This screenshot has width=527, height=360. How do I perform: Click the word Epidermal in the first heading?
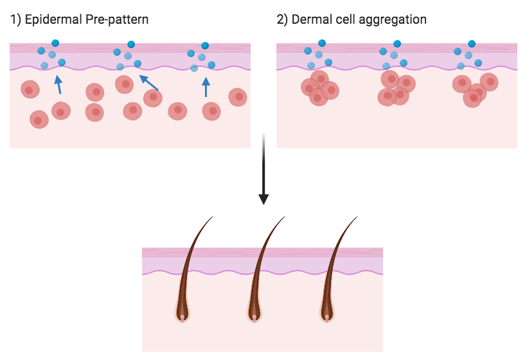[x=49, y=20]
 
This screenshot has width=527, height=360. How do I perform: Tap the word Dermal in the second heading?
[x=311, y=20]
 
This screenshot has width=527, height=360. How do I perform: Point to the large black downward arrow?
[x=263, y=170]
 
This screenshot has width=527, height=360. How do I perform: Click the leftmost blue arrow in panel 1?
[x=58, y=84]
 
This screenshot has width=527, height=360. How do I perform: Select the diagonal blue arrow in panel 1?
[x=149, y=82]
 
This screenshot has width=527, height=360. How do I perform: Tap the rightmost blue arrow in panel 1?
[x=206, y=87]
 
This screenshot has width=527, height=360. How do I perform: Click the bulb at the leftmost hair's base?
[x=183, y=315]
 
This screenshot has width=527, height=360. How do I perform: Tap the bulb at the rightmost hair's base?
[x=327, y=315]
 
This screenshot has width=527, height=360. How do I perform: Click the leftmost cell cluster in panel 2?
[x=319, y=88]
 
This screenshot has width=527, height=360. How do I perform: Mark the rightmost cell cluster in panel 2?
[x=474, y=89]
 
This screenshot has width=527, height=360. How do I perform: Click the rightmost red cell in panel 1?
[x=238, y=97]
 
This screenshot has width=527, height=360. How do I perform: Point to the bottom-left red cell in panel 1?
[x=39, y=120]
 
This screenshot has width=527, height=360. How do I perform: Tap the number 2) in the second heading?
[x=282, y=20]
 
